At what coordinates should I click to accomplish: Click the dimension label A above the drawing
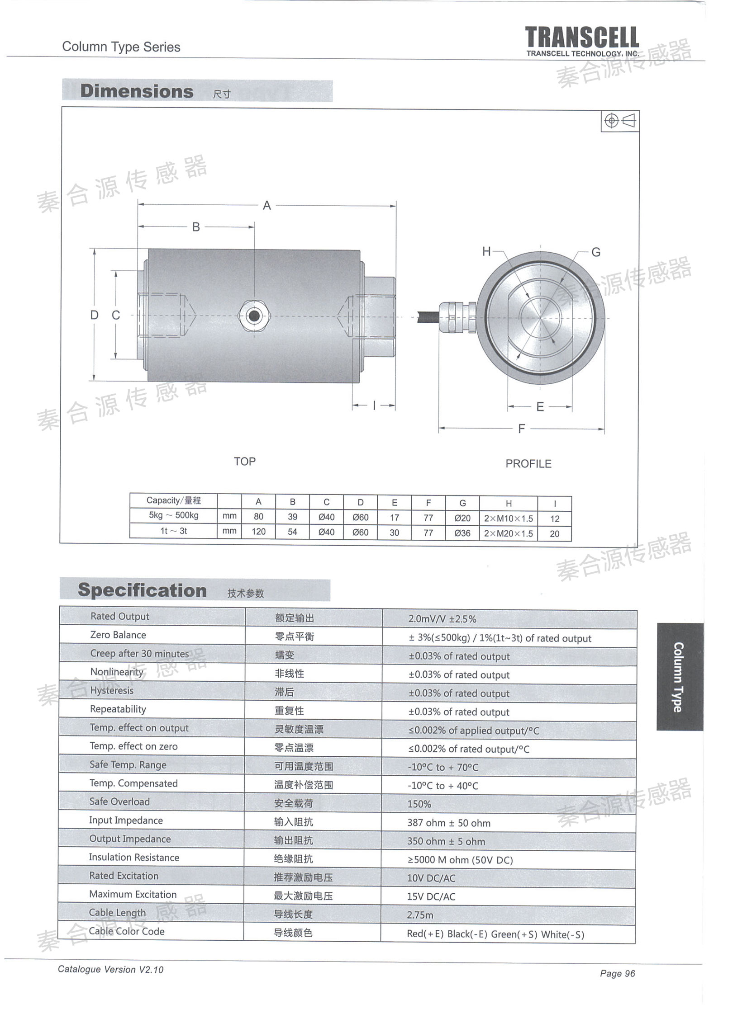267,206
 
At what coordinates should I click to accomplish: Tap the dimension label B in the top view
196,227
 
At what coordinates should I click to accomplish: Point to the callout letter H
486,251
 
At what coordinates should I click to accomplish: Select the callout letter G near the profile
596,252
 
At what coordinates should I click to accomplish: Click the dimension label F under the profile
521,429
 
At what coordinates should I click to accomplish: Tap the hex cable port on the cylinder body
254,315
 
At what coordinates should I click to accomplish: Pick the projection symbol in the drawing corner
620,121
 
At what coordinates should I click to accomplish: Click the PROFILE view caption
528,464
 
